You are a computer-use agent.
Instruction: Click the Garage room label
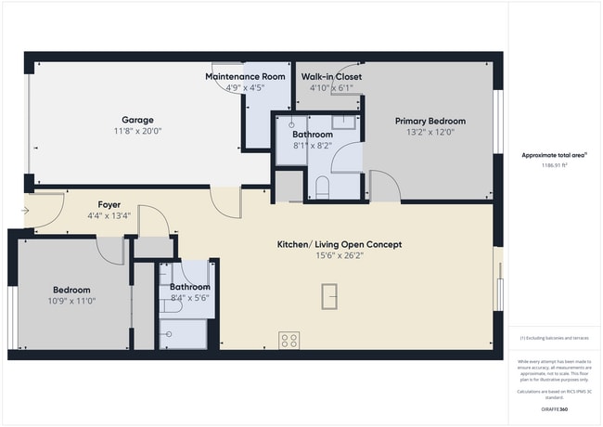(x=137, y=120)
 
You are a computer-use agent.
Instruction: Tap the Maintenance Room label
(x=245, y=76)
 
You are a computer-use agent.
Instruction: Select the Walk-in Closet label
(x=331, y=76)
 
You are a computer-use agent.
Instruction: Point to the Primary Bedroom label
(x=430, y=121)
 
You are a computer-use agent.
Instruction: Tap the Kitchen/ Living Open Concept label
(x=340, y=245)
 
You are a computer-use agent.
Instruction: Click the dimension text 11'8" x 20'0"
(x=137, y=132)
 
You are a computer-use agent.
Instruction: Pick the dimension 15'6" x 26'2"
(x=340, y=256)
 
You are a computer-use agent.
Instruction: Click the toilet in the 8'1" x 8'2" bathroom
(x=322, y=188)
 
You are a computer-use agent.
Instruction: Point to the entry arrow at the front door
(x=24, y=211)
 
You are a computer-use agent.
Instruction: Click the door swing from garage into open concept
(x=225, y=201)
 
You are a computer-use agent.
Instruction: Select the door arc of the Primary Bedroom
(x=386, y=186)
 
